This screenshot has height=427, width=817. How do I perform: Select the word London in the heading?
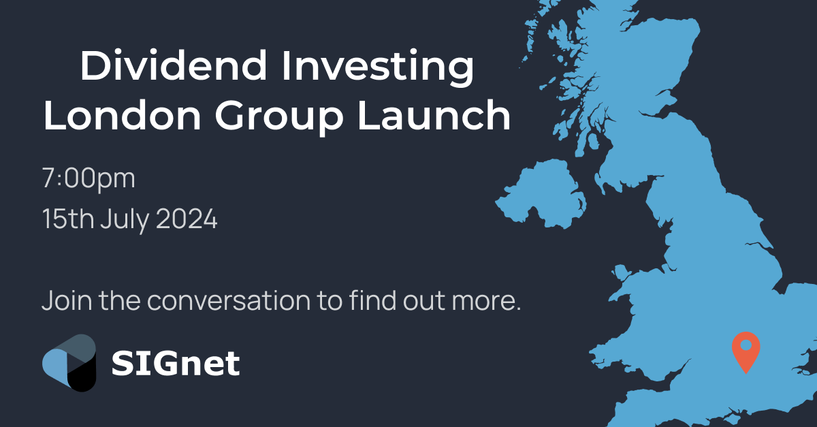tap(122, 115)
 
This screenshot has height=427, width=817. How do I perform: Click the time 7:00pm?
tap(89, 179)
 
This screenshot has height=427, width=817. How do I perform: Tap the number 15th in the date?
tap(68, 219)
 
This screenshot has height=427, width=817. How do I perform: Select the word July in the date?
tap(125, 221)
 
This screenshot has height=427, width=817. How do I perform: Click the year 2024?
tap(187, 219)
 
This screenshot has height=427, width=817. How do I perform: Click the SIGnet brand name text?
tap(176, 363)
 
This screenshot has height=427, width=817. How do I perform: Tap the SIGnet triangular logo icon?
tap(69, 363)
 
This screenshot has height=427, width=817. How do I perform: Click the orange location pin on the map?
tap(746, 349)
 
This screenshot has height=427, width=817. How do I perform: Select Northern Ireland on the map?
tap(541, 194)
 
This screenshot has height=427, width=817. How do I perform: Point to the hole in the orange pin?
tap(746, 345)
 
